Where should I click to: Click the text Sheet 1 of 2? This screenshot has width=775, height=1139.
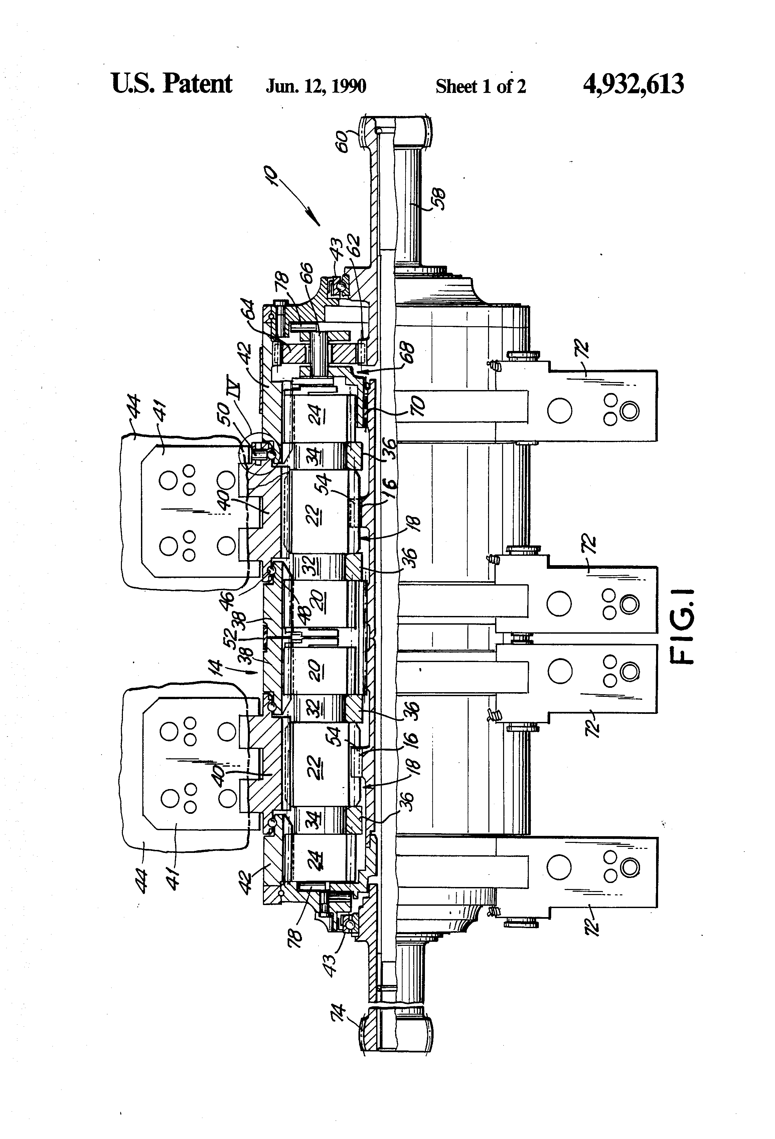[x=480, y=86]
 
